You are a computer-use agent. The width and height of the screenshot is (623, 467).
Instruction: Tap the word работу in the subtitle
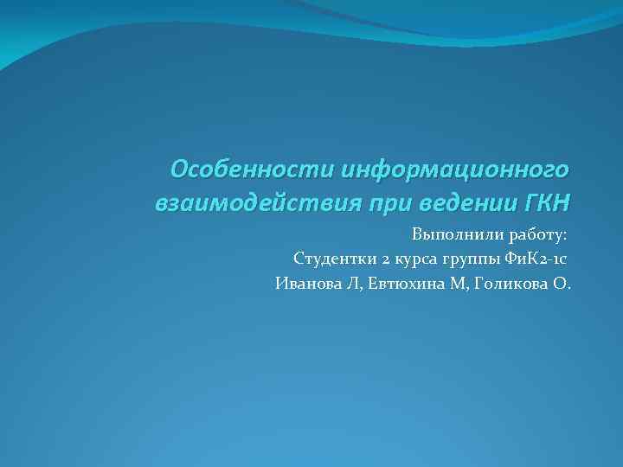click(x=531, y=234)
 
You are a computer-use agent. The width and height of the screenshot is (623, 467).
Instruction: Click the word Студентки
click(x=330, y=259)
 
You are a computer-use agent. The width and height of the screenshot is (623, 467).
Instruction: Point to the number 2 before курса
click(x=378, y=259)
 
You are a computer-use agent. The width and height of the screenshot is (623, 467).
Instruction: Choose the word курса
click(x=410, y=259)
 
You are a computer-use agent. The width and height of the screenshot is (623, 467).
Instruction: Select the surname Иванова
click(x=305, y=283)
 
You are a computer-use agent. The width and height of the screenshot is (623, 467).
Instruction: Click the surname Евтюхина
click(x=401, y=283)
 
